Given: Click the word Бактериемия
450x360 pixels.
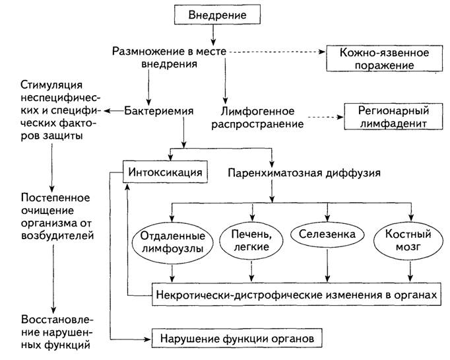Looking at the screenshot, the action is (x=159, y=111).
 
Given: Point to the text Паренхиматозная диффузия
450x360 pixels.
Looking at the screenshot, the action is (x=304, y=173).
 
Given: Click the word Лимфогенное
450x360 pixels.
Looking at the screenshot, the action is (x=257, y=111).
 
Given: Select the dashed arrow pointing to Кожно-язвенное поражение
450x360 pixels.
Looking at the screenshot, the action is (x=277, y=52).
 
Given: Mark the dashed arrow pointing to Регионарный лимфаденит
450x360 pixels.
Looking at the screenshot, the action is (x=325, y=117).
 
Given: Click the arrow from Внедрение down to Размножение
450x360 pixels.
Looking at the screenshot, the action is (x=213, y=34).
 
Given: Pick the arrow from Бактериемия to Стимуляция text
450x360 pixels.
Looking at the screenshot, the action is (x=113, y=111).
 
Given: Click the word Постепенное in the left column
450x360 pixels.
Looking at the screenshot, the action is (x=55, y=198).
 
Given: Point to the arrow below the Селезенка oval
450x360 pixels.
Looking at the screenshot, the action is (x=327, y=265).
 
